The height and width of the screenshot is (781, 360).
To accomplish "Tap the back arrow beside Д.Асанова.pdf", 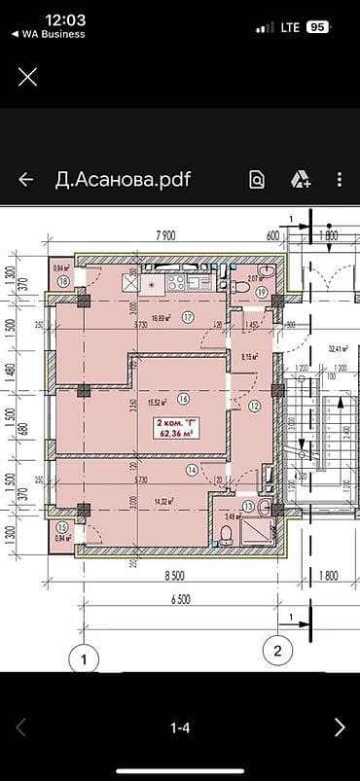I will point(26,180).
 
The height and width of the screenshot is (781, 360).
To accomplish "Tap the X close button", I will point(28,76).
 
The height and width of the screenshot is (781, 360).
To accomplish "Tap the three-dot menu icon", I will point(339,180).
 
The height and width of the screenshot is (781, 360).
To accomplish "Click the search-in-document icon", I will point(257,180).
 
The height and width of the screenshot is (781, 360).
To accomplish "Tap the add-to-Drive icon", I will point(300,180).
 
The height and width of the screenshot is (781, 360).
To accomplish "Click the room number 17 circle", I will point(188,317).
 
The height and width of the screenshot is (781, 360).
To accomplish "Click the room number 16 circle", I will point(183,397).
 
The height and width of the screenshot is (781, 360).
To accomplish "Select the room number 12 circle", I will point(254,407).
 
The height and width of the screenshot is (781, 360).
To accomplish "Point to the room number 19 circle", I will point(262,292).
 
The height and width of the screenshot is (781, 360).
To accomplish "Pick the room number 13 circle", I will point(249,506).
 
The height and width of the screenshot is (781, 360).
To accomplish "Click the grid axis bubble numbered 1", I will point(85,659).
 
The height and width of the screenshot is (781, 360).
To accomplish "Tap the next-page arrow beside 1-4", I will point(339,727).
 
